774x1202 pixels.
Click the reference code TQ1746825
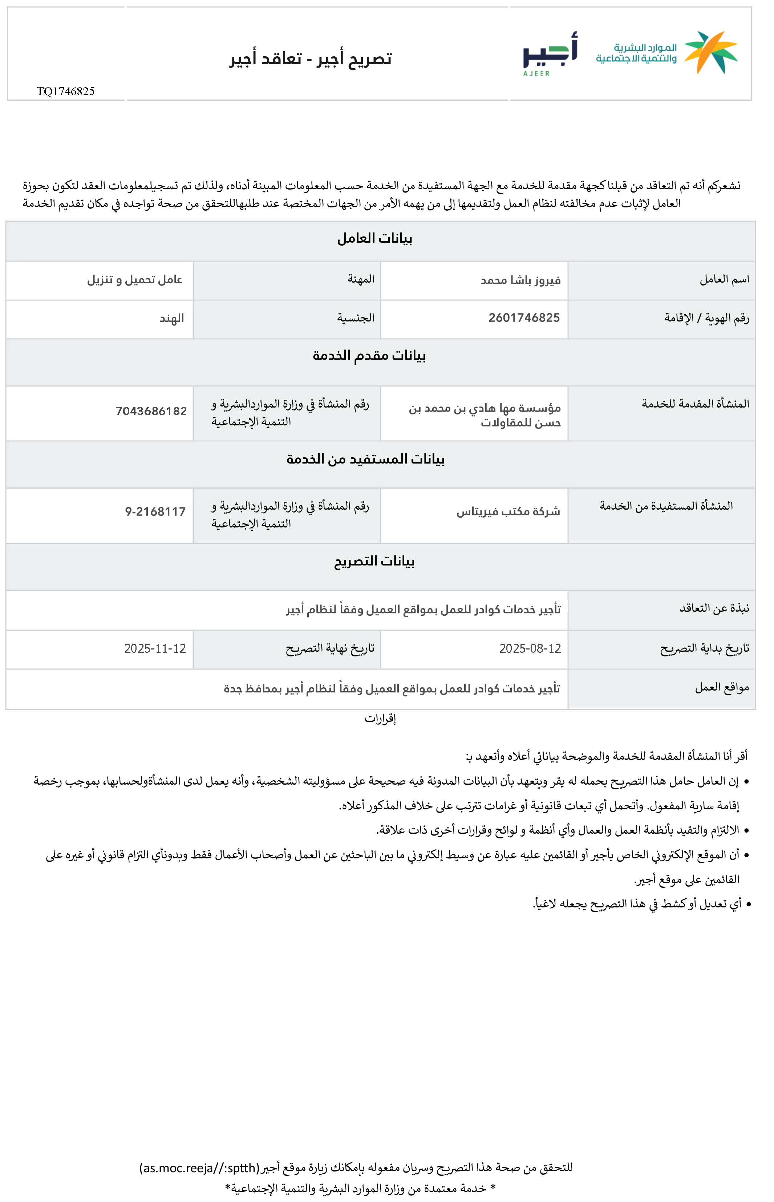[x=65, y=92]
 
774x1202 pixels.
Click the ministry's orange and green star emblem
[x=711, y=52]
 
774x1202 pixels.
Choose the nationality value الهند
[x=172, y=319]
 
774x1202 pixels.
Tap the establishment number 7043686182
[x=151, y=412]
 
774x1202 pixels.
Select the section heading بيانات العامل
[x=374, y=239]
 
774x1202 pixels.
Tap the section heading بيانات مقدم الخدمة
[x=369, y=356]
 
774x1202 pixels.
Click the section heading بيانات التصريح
[x=374, y=561]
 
